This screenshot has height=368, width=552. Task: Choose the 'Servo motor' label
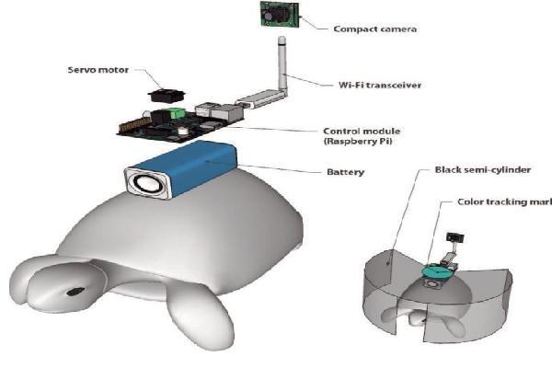(x=98, y=70)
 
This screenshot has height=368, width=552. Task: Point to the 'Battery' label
(x=346, y=172)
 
